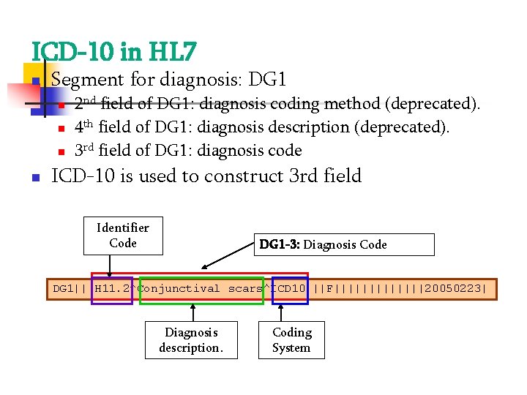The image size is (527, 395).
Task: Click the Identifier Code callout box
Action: point(122,236)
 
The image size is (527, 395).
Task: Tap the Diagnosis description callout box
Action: point(191,340)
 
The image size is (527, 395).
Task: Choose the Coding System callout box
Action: point(291,340)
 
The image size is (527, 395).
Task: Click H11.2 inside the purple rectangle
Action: point(112,289)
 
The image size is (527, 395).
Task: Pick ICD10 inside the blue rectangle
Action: point(289,289)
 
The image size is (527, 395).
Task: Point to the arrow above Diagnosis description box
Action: point(193,312)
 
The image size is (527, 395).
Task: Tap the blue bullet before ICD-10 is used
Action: point(34,178)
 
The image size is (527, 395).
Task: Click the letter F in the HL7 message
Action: point(329,289)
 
